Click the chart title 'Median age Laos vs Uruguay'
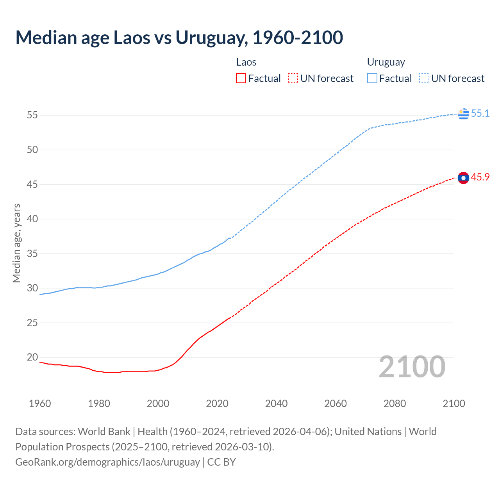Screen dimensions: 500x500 179,37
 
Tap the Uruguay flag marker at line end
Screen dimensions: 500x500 463,113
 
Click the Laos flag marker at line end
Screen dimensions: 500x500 463,178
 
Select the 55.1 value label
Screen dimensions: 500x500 480,113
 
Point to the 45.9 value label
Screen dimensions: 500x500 480,177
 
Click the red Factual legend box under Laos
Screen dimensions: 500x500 241,79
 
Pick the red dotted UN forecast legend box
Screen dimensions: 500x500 293,79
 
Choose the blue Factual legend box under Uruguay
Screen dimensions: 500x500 372,79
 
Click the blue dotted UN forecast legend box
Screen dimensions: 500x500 424,79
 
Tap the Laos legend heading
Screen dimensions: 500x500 246,62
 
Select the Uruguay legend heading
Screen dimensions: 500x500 386,62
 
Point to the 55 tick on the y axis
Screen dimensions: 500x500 32,115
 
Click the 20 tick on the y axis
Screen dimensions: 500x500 32,357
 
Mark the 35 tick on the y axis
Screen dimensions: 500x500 32,254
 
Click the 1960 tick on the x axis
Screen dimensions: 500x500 40,404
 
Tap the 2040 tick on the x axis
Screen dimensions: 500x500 276,404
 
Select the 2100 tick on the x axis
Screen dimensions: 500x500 454,404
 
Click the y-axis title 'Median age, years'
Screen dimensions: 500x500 16,243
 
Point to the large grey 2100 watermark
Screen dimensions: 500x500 412,366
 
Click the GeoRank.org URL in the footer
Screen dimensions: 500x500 107,462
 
